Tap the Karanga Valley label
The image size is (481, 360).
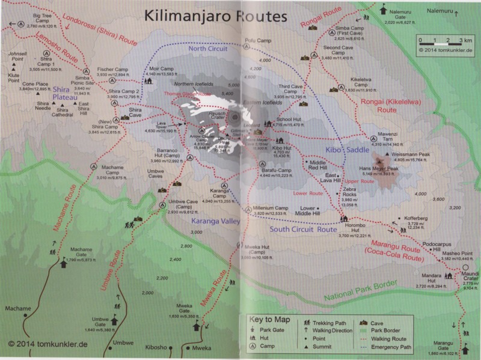(216, 221)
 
